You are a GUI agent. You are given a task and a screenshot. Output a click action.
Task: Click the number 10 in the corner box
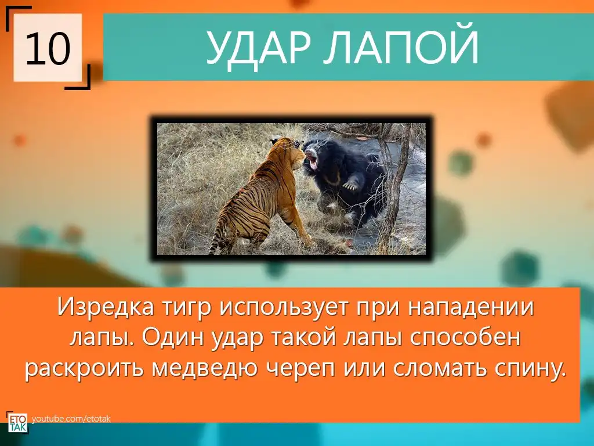[48, 48]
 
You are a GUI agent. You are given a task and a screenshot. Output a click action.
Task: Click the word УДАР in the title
[258, 47]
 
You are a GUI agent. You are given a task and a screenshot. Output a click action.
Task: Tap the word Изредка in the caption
[106, 307]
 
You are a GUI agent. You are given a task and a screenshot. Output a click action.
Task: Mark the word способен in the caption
[465, 337]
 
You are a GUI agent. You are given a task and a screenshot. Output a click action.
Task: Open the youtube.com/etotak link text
[71, 419]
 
